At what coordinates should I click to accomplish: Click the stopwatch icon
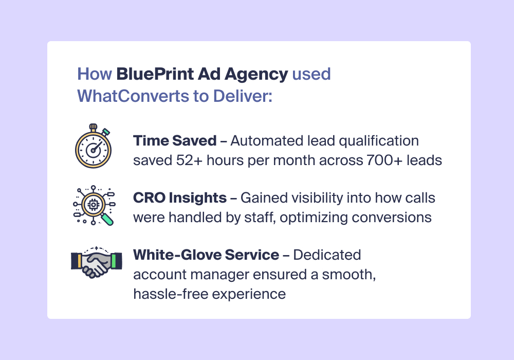(94, 146)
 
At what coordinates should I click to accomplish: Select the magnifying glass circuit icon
(94, 206)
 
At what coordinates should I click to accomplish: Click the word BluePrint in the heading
(155, 74)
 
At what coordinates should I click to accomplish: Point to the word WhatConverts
(133, 96)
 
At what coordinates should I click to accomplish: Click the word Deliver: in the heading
(243, 96)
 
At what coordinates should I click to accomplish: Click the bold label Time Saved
(175, 140)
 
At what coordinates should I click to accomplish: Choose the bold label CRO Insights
(179, 197)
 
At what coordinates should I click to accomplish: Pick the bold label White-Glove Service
(206, 255)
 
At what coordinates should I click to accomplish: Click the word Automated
(267, 140)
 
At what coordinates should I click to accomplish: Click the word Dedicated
(327, 255)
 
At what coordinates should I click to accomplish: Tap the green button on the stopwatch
(105, 132)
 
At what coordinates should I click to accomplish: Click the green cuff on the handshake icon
(114, 261)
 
